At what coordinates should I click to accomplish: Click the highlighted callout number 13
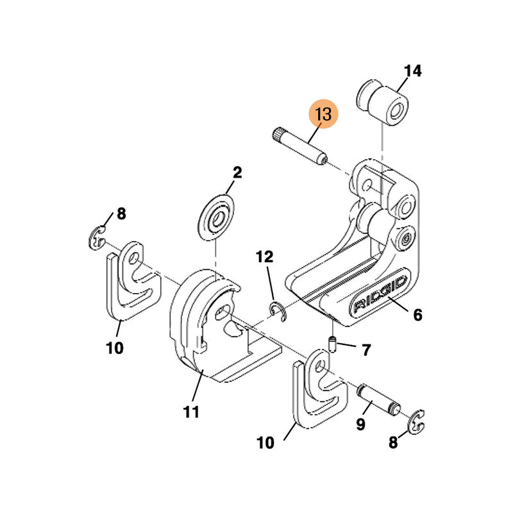323,115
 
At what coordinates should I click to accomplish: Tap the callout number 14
413,71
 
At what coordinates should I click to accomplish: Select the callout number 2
237,172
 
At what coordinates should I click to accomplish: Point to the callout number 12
265,257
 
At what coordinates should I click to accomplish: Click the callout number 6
417,315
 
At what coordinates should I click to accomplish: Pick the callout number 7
366,350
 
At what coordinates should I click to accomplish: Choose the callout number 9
360,424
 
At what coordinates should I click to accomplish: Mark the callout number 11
190,412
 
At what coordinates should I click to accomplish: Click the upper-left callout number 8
121,215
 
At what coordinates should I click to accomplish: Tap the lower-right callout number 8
393,442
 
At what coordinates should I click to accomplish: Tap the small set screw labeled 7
333,344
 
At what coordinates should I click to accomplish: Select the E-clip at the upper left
96,238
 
